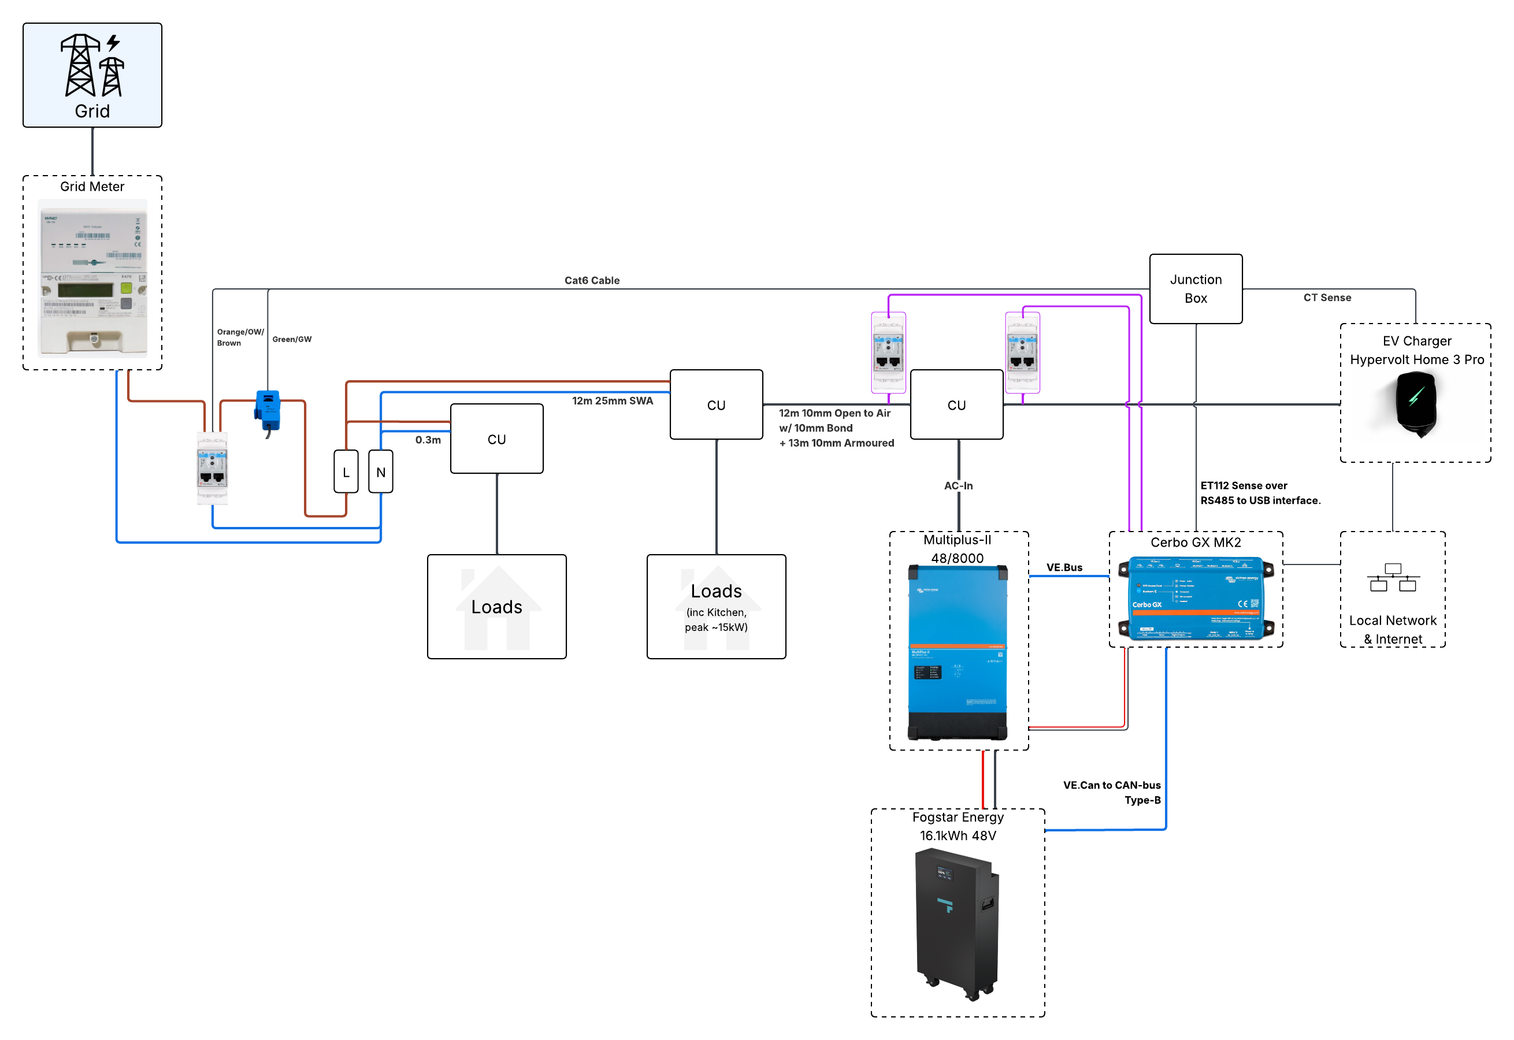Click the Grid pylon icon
coord(92,65)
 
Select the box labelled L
coord(346,472)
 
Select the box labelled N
coord(381,472)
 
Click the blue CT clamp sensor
coord(268,410)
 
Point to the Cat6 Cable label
coord(592,280)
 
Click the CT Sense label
coord(1327,297)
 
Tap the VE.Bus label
coord(1064,567)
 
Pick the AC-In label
coord(958,485)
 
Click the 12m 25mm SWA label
coord(612,401)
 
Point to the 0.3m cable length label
coord(428,440)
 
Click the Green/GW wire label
coord(292,339)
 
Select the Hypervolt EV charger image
coord(1416,404)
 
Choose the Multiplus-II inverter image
coord(958,652)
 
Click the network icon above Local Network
coord(1393,577)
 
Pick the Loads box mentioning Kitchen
coord(717,607)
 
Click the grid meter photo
coord(92,278)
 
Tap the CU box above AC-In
coord(956,404)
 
